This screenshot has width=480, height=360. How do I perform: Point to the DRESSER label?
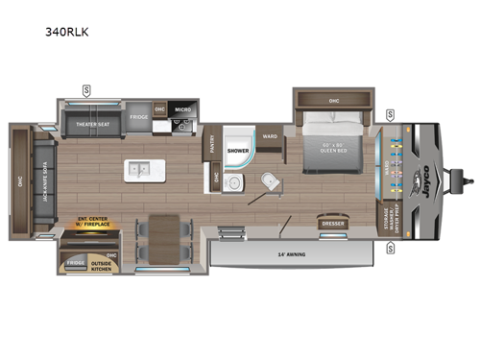(x=333, y=224)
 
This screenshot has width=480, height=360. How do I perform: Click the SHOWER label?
(x=238, y=151)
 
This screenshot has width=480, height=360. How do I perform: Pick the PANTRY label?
(x=211, y=145)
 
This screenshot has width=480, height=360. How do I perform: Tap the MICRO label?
(x=183, y=108)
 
